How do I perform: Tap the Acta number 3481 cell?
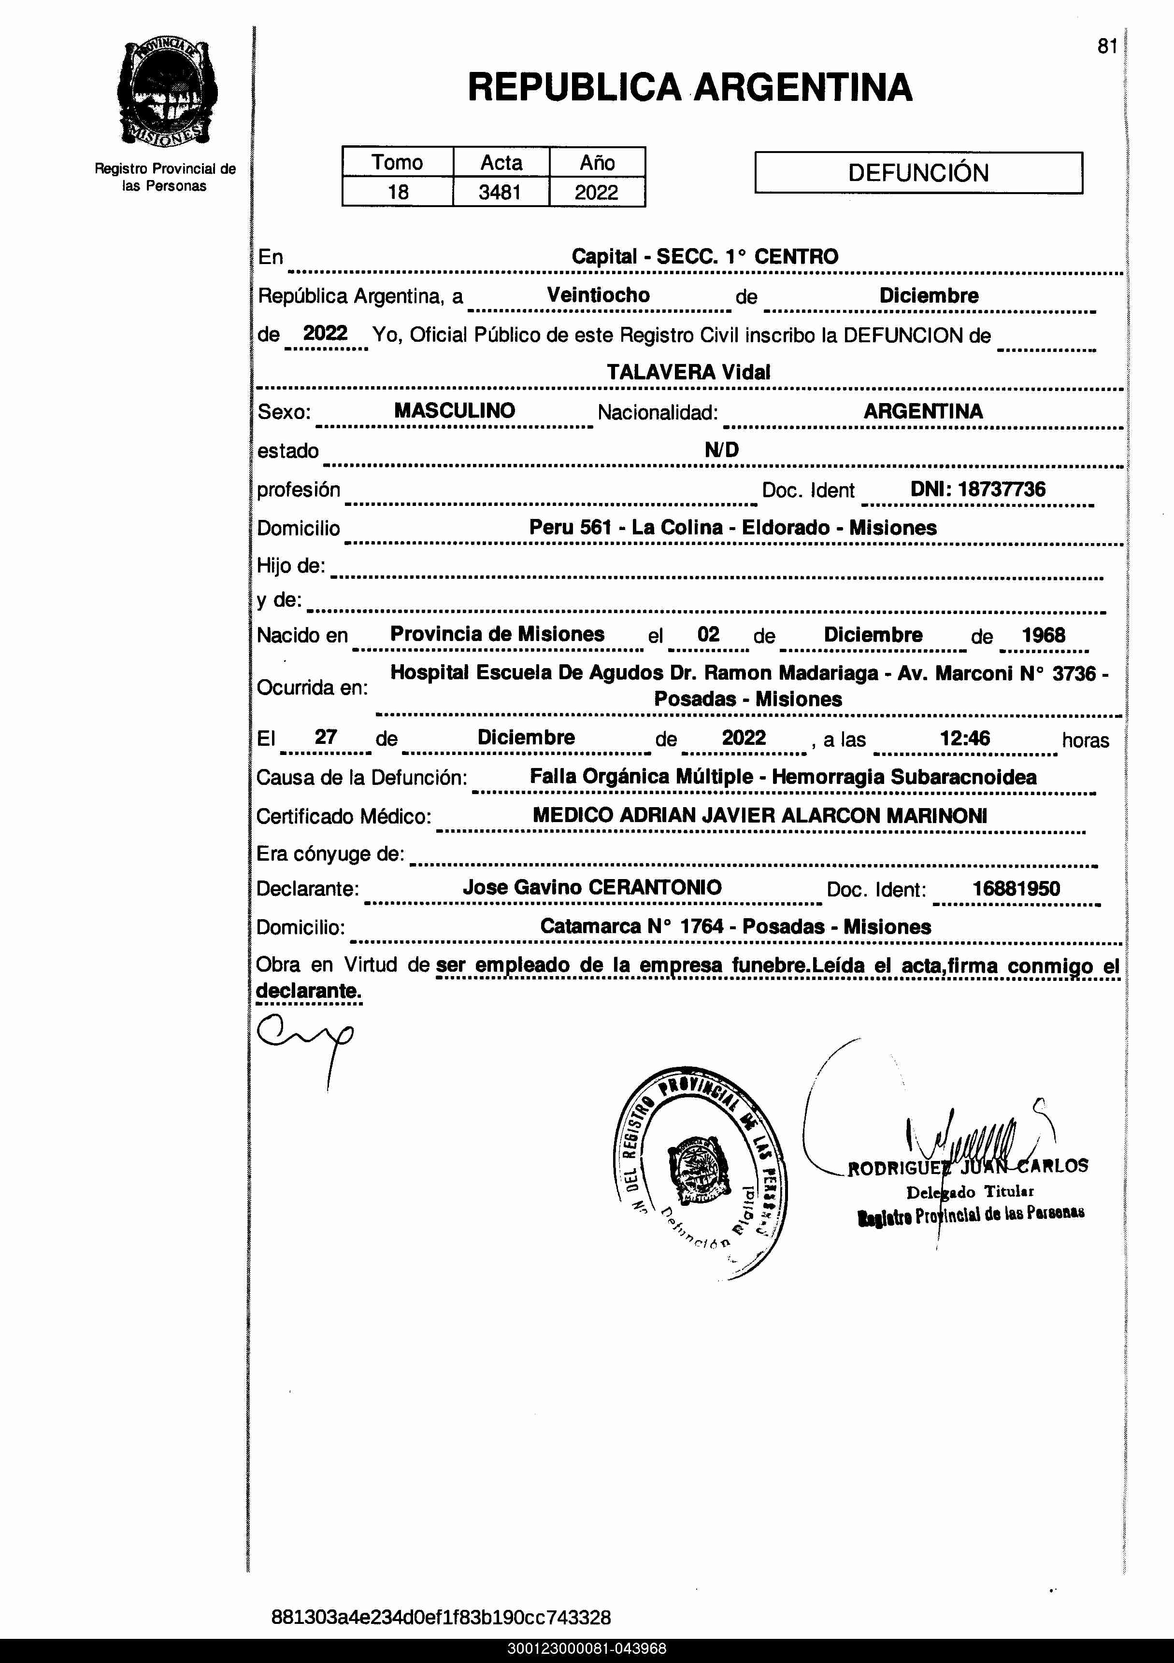pos(500,193)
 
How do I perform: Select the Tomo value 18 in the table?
pos(398,193)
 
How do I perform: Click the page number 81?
pos(1106,46)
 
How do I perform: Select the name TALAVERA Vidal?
pos(688,372)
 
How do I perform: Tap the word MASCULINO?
pos(454,411)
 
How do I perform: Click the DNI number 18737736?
pos(1002,489)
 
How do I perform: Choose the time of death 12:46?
pos(964,738)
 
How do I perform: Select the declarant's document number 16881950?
pos(1016,889)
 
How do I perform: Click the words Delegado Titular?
pos(970,1191)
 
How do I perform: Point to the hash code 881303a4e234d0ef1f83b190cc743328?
pos(441,1617)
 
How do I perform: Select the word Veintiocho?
pos(598,295)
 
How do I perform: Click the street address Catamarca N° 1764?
pos(632,926)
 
